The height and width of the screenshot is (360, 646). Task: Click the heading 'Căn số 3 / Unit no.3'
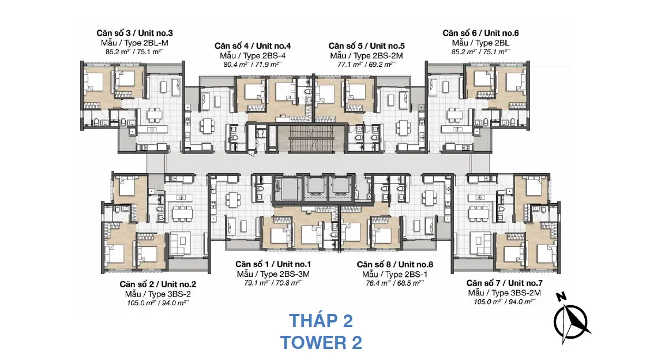(135, 33)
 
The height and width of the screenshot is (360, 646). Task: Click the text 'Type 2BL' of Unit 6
(493, 43)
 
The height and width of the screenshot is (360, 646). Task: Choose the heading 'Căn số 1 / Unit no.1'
(273, 264)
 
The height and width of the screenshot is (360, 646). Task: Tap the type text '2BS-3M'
(294, 274)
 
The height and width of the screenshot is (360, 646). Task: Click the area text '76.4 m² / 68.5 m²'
(395, 283)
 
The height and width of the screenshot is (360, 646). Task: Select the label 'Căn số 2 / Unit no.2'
(158, 284)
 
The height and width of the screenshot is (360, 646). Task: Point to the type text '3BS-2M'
(525, 293)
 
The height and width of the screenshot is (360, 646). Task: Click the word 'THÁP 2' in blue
(321, 321)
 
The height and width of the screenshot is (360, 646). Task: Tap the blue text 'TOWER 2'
(321, 342)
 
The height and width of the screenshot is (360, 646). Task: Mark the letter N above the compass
(561, 297)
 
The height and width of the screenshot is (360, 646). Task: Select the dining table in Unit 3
(155, 115)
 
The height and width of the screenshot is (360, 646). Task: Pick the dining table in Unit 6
(454, 115)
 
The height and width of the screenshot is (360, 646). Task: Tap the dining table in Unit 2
(183, 213)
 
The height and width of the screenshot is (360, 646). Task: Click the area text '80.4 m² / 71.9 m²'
(253, 65)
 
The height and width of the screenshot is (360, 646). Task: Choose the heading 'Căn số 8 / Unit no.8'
(395, 264)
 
